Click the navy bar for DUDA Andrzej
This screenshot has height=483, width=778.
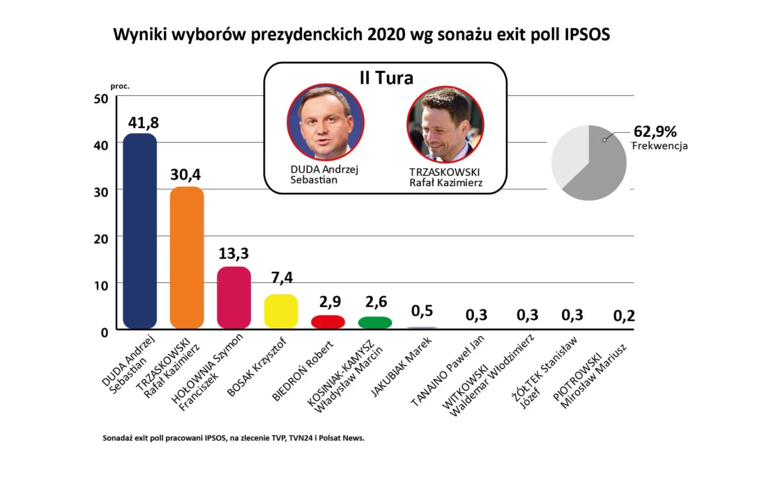pos(139,231)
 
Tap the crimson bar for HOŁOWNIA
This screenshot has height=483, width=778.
pos(233,297)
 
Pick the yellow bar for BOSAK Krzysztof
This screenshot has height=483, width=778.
pos(281,311)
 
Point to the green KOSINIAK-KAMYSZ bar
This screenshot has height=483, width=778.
pos(375,322)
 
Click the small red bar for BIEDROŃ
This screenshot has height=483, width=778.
pos(328,322)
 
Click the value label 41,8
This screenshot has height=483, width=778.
pos(143,122)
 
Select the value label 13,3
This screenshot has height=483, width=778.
pos(233,253)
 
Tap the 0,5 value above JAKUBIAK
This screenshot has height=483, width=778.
pos(422,311)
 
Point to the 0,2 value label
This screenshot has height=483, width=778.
pos(624,316)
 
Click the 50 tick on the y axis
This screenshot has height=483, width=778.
pos(101,99)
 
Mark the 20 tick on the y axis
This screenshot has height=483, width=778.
pos(101,239)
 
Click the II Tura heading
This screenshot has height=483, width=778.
pos(386,78)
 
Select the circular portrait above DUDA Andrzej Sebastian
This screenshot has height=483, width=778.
pos(326,122)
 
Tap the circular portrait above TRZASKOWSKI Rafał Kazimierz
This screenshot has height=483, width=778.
pos(445,125)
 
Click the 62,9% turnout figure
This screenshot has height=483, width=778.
pos(655,132)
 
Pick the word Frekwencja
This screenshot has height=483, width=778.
pos(660,146)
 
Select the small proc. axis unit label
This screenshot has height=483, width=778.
pos(119,86)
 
